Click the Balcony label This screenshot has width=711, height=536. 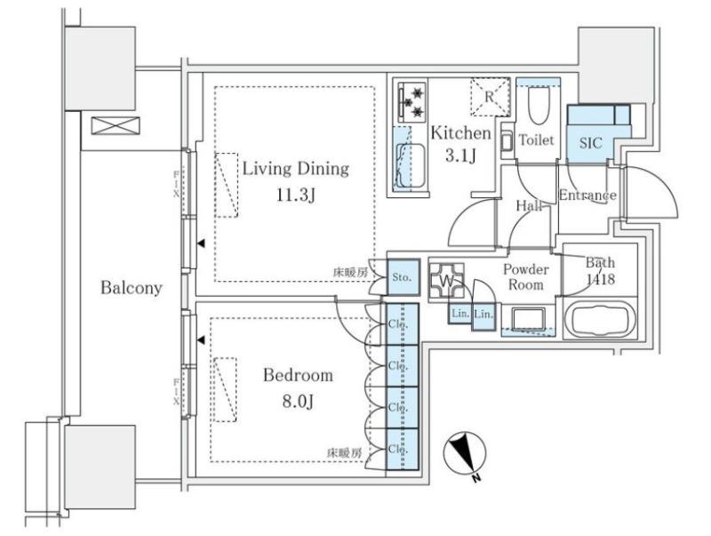tap(131, 288)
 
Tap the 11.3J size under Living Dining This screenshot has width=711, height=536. tap(296, 196)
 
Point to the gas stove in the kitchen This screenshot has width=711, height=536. tap(412, 102)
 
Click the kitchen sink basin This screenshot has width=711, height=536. tap(411, 165)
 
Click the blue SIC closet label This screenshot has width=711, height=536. tap(591, 143)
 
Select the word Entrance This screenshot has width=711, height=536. tap(587, 196)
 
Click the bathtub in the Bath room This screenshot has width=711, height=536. tap(599, 320)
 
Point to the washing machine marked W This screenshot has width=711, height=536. tap(446, 281)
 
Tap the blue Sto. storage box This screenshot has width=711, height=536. tap(402, 277)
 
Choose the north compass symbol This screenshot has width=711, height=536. tap(465, 454)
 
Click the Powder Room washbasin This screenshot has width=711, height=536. tap(529, 319)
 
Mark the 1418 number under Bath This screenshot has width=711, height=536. tap(601, 279)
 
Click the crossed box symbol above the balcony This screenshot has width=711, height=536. tap(116, 125)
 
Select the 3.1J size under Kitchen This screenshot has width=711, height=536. tap(460, 156)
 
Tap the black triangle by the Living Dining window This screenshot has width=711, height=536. tap(201, 244)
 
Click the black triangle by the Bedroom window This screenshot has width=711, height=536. tap(201, 340)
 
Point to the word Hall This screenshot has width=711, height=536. tap(529, 206)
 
